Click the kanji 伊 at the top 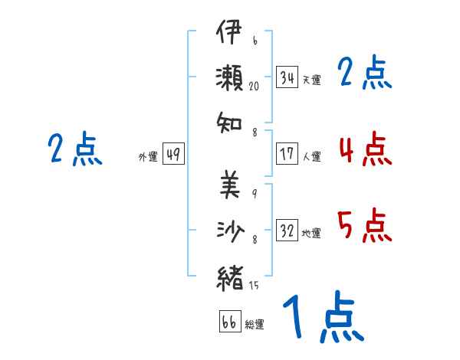click(x=229, y=31)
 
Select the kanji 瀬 click(x=230, y=78)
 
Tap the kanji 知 click(x=229, y=123)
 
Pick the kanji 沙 click(x=231, y=231)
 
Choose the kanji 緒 click(x=230, y=278)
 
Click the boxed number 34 click(x=287, y=77)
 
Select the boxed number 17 click(x=287, y=154)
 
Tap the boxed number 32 click(x=287, y=230)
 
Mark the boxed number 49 click(x=173, y=154)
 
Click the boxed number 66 click(x=230, y=321)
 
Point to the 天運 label click(x=312, y=80)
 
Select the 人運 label click(x=312, y=156)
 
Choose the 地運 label click(x=311, y=233)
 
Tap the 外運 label click(x=148, y=156)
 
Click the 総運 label click(x=255, y=324)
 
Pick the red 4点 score click(x=365, y=149)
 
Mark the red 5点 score click(x=365, y=225)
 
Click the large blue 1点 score click(x=324, y=316)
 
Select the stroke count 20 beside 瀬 click(x=254, y=87)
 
